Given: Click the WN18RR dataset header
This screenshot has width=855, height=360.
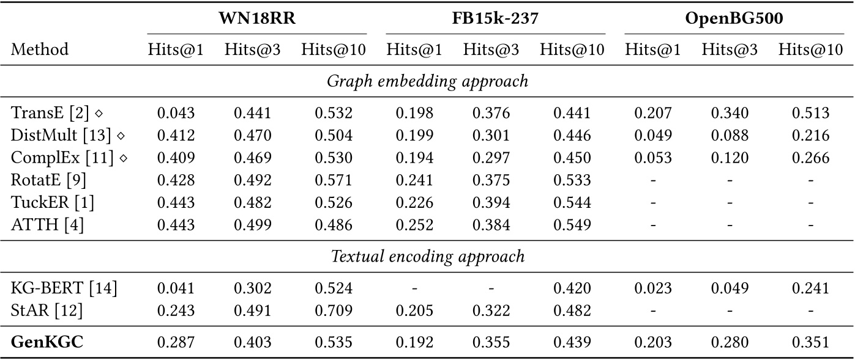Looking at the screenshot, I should [x=257, y=19].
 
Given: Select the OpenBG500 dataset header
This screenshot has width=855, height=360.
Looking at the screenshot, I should [x=734, y=19].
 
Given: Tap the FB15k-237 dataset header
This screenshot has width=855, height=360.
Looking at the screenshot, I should [x=495, y=19].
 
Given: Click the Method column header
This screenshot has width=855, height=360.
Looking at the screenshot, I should [x=40, y=50].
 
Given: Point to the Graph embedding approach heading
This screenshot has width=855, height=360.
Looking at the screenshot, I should [x=427, y=81].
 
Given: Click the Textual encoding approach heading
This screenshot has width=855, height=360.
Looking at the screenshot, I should [x=427, y=256].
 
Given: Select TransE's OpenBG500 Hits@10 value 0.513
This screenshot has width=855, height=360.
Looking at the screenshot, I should [x=811, y=113].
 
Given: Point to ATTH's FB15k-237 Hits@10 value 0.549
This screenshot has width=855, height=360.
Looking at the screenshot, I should [x=572, y=226].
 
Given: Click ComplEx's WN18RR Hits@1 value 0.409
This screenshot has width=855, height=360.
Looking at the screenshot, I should [x=176, y=158].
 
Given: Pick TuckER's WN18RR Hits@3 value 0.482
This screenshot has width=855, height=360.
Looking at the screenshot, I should [x=252, y=203].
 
